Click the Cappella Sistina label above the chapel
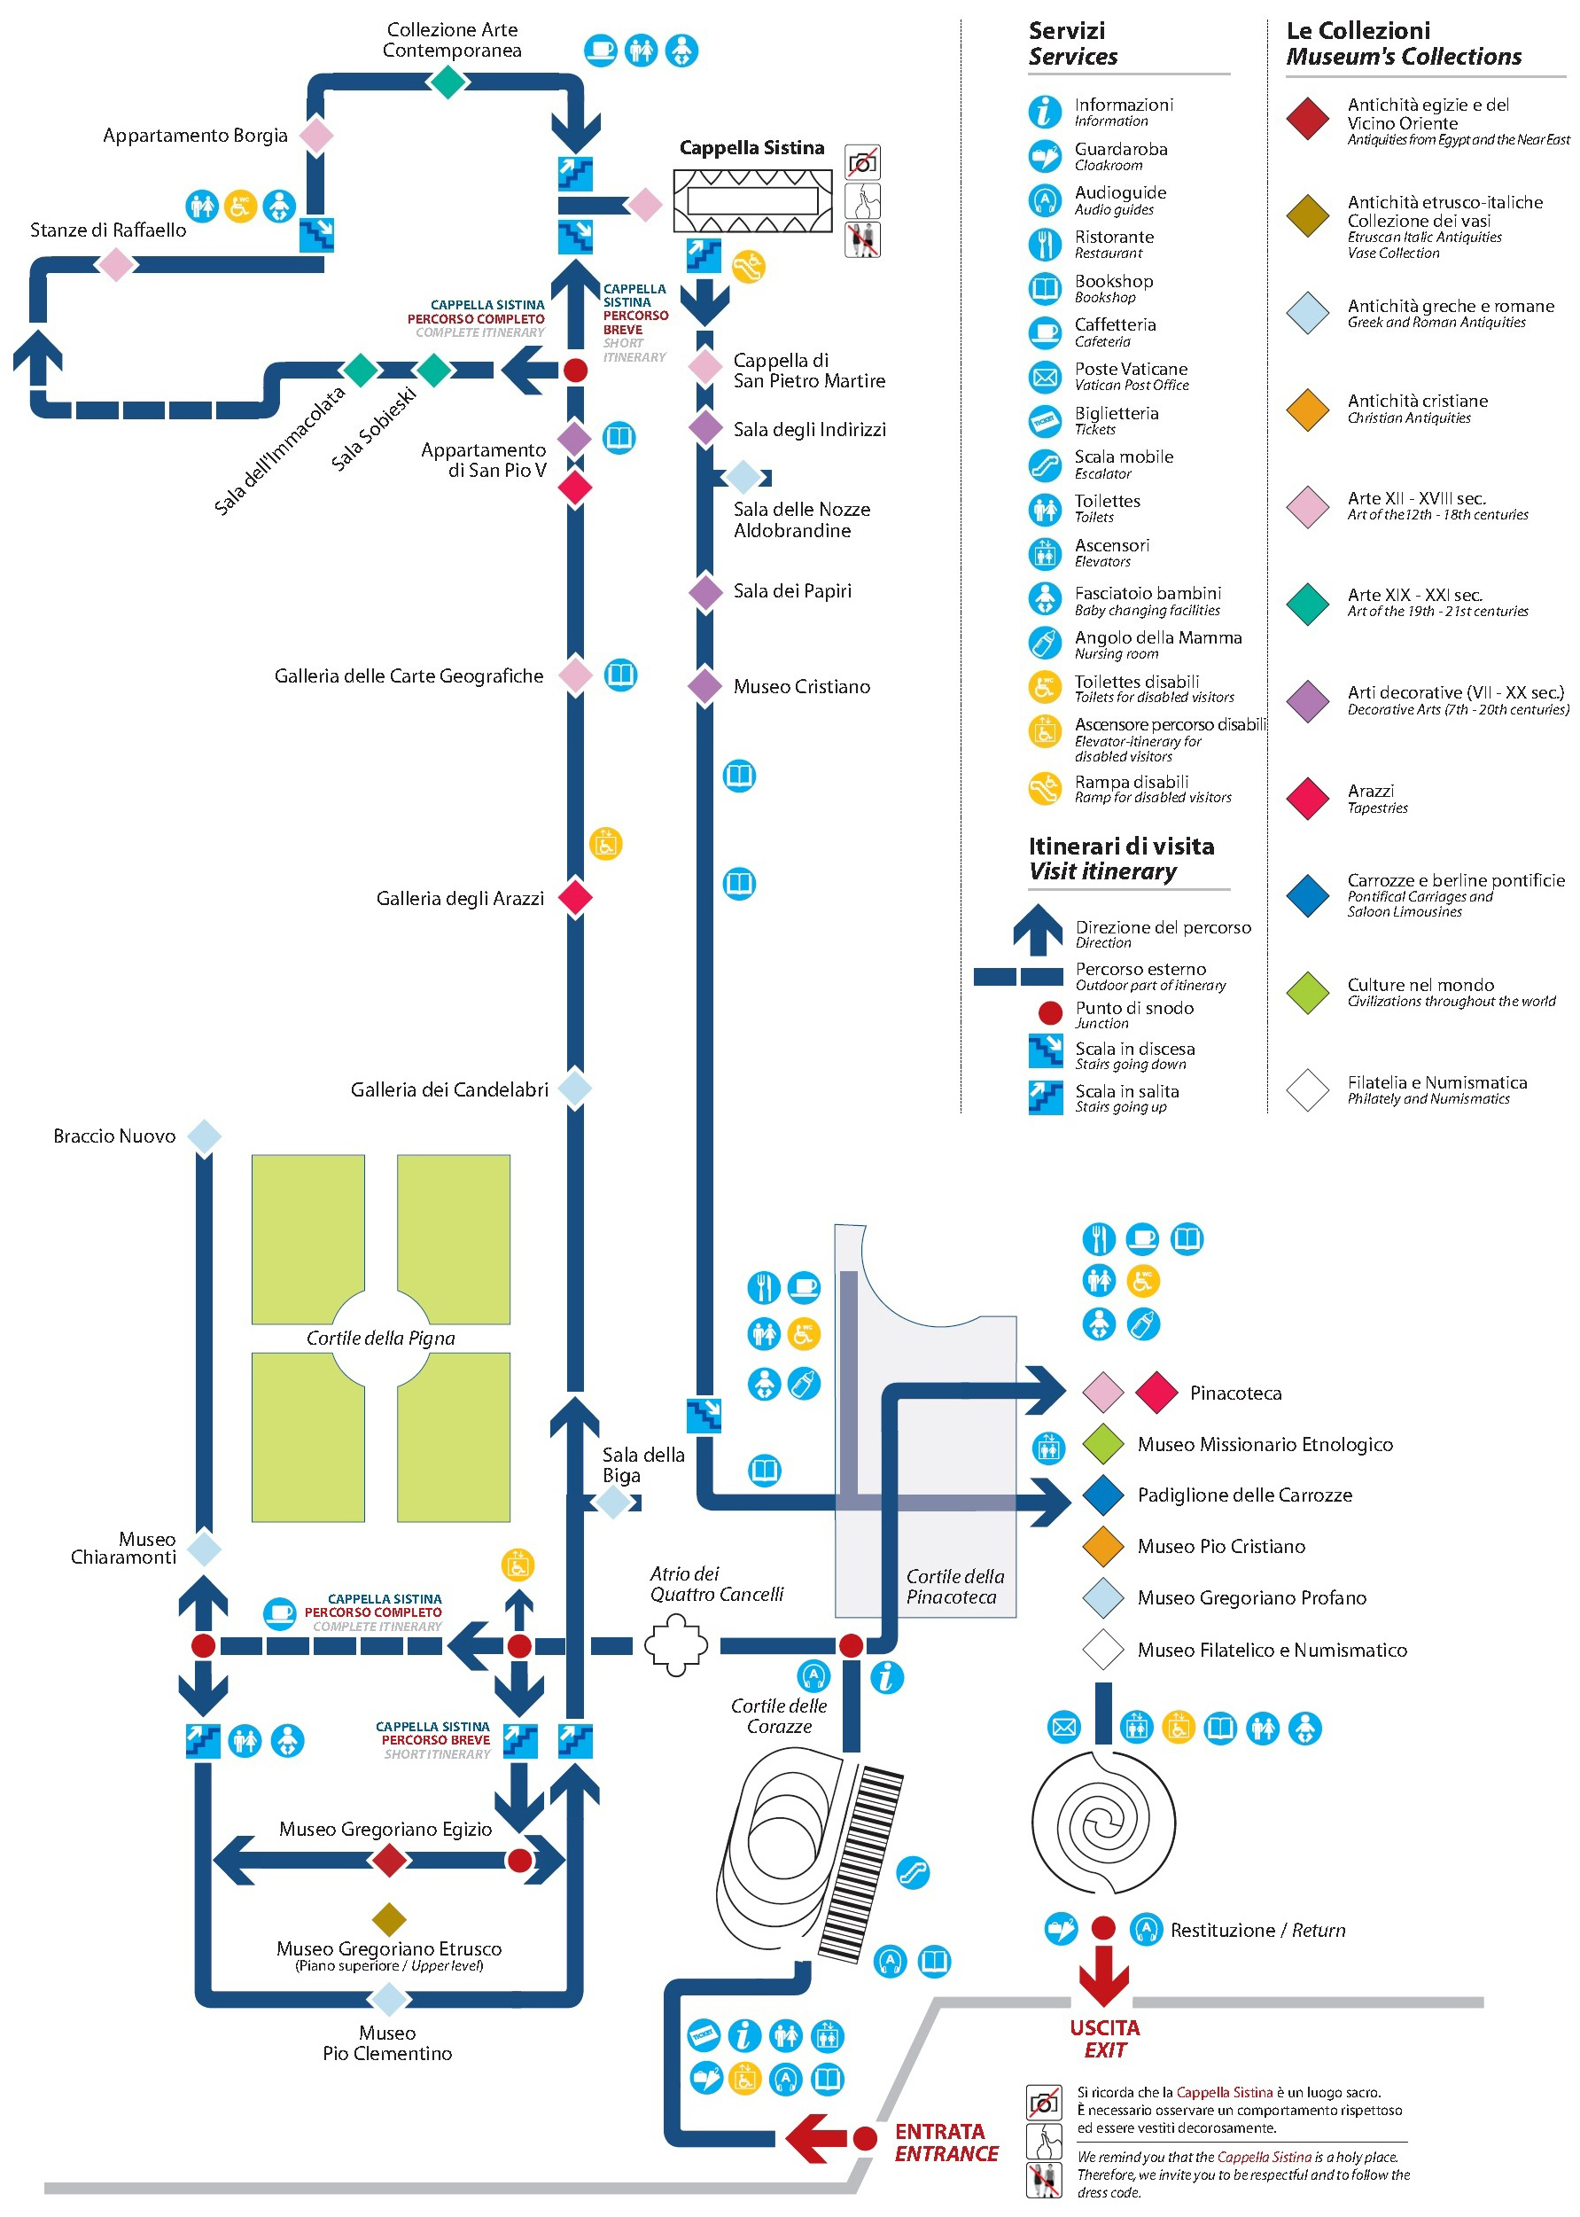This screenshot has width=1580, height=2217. click(751, 148)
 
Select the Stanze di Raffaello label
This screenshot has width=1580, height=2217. click(108, 230)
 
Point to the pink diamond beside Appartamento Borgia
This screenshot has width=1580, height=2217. click(316, 136)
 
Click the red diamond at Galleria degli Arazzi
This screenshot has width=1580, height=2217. click(575, 896)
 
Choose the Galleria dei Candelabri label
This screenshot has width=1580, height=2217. click(448, 1090)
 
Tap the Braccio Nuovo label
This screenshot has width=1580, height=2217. click(115, 1136)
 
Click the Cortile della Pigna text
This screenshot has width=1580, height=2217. click(380, 1339)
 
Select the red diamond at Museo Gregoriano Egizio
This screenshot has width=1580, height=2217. click(389, 1860)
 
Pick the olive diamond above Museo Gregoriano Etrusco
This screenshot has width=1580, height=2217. click(389, 1919)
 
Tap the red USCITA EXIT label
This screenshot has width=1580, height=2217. click(1104, 2039)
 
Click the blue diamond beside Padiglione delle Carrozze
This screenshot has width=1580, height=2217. click(1103, 1495)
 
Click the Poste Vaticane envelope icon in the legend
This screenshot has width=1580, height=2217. click(1044, 377)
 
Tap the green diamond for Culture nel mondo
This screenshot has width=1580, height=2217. click(1308, 992)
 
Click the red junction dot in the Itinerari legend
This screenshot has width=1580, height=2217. click(1050, 1013)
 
